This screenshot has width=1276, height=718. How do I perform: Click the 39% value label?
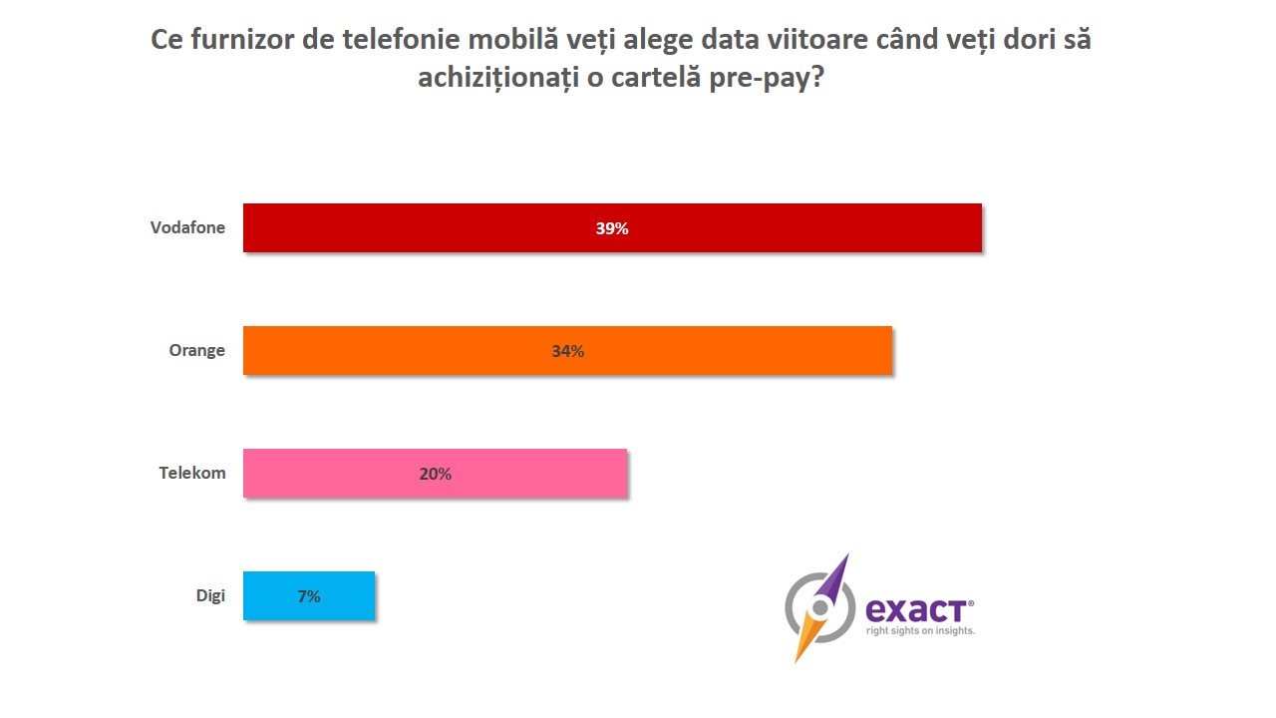point(612,228)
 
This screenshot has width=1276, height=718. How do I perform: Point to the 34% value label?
point(567,351)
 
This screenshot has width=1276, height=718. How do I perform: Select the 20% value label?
point(435,474)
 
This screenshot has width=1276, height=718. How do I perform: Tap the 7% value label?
point(308,596)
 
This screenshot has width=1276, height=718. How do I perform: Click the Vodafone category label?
point(187,227)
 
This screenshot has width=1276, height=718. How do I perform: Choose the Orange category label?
point(196,350)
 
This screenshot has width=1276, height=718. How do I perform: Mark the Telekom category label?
point(192,473)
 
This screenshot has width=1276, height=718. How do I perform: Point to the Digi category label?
point(210,595)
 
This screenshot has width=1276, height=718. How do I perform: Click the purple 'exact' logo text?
point(917,608)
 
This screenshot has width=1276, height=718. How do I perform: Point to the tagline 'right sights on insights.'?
point(920,631)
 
